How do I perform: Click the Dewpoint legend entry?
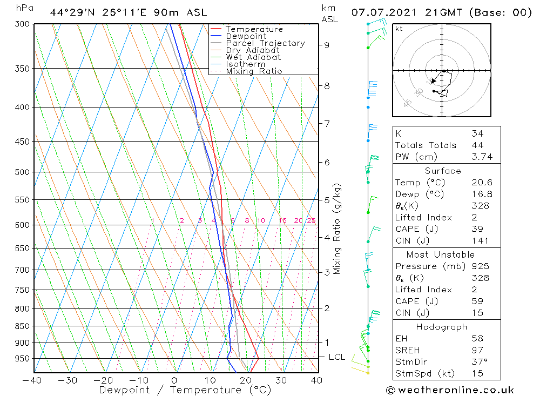[x=246, y=36]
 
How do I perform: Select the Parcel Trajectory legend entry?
[x=265, y=43]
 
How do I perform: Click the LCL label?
[x=336, y=357]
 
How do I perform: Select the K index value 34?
[x=477, y=133]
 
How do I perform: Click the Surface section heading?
[x=443, y=171]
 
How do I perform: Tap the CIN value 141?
[x=479, y=241]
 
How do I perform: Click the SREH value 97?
[x=477, y=351]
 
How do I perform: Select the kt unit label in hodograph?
[x=399, y=29]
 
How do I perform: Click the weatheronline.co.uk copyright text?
[x=450, y=390]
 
